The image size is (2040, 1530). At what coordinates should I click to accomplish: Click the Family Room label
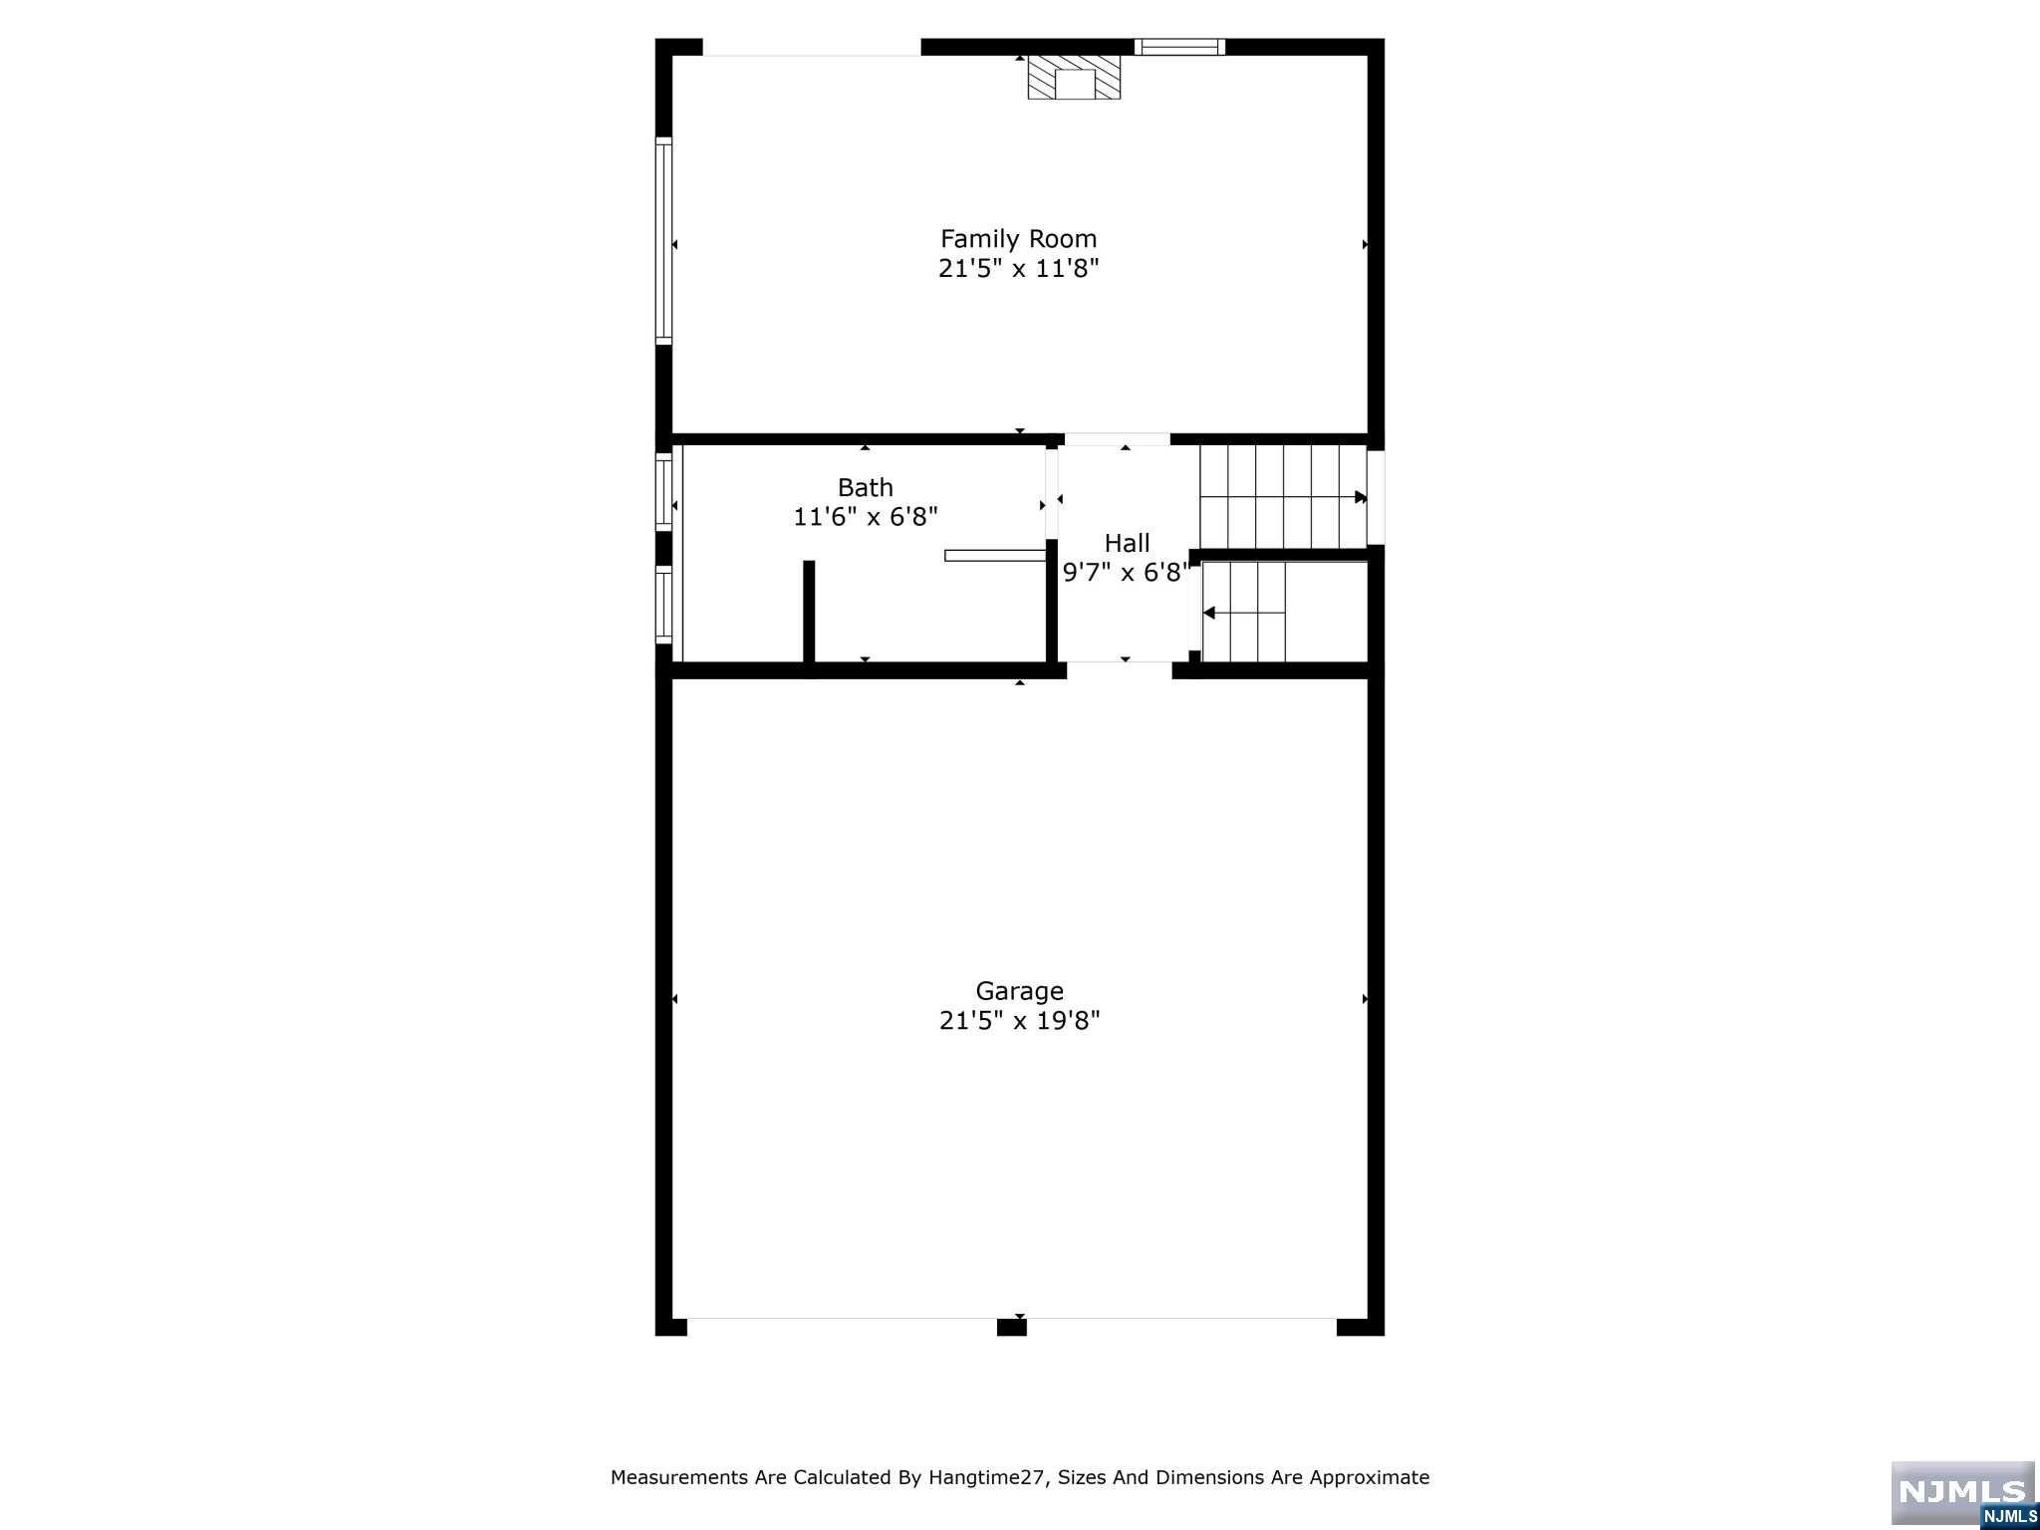1018,239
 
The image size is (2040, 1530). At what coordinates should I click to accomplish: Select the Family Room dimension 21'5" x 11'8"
1018,268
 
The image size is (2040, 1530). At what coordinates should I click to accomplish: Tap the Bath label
865,487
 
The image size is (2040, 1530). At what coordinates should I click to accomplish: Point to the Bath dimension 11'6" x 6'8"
865,517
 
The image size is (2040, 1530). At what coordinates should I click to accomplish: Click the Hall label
1127,543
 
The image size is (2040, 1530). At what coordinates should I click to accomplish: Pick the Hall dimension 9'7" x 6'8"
1127,572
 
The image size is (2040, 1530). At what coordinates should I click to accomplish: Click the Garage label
1019,991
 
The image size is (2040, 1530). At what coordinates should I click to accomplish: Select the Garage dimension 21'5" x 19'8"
1019,1020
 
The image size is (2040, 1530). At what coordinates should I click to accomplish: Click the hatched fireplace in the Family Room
1074,77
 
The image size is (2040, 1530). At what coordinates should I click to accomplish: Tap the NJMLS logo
1962,1494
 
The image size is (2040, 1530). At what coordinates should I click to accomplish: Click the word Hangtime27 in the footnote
986,1477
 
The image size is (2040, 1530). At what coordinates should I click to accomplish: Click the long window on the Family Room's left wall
663,241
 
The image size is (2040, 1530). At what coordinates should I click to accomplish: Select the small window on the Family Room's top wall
1179,46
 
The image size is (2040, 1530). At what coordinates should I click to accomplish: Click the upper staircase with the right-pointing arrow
1283,496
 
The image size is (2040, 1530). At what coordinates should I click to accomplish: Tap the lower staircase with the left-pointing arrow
1244,612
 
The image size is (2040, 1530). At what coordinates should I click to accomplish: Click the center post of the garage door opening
1011,1326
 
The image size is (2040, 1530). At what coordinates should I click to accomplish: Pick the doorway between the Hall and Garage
1120,669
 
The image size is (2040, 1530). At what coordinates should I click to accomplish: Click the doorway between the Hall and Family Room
1118,439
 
